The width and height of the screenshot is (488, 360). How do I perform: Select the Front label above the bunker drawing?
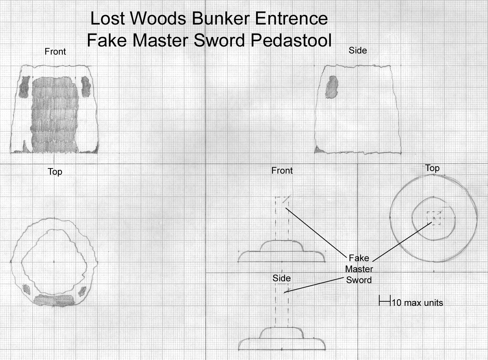55,52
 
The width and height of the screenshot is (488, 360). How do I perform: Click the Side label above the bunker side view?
358,51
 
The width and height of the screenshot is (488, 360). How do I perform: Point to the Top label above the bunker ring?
55,172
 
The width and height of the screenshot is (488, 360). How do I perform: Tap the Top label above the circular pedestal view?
432,168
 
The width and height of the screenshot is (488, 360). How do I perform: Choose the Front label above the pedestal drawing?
282,171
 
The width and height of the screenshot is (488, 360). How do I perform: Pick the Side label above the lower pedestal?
281,278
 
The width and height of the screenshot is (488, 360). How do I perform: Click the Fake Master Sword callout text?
359,269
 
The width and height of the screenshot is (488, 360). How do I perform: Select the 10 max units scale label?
417,303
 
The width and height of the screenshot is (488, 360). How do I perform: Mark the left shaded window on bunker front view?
25,87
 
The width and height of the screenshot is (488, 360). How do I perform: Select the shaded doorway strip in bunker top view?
54,300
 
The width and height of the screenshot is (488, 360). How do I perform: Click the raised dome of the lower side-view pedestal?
282,333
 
